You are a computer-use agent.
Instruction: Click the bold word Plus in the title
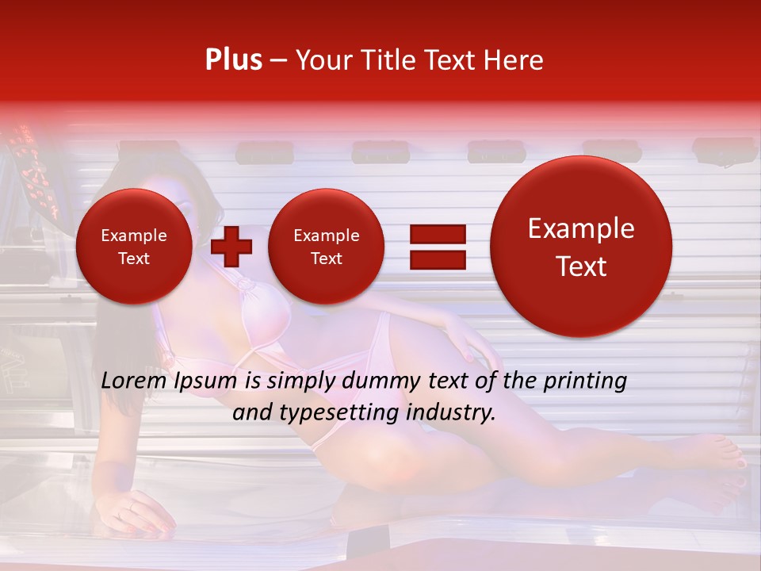233,60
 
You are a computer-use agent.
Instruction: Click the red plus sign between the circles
231,246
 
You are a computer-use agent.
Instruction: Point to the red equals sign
437,246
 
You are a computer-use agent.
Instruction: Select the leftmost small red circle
133,247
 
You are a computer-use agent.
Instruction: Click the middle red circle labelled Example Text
326,247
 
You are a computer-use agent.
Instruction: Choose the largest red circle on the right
581,247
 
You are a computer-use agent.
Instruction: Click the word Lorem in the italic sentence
131,381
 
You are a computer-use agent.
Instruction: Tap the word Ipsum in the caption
210,381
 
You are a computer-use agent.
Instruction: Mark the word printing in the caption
585,381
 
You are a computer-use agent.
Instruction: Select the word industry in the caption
451,413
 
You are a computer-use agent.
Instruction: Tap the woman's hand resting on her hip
464,333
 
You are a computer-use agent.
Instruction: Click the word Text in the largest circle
581,267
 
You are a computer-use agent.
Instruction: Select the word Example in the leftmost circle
133,236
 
